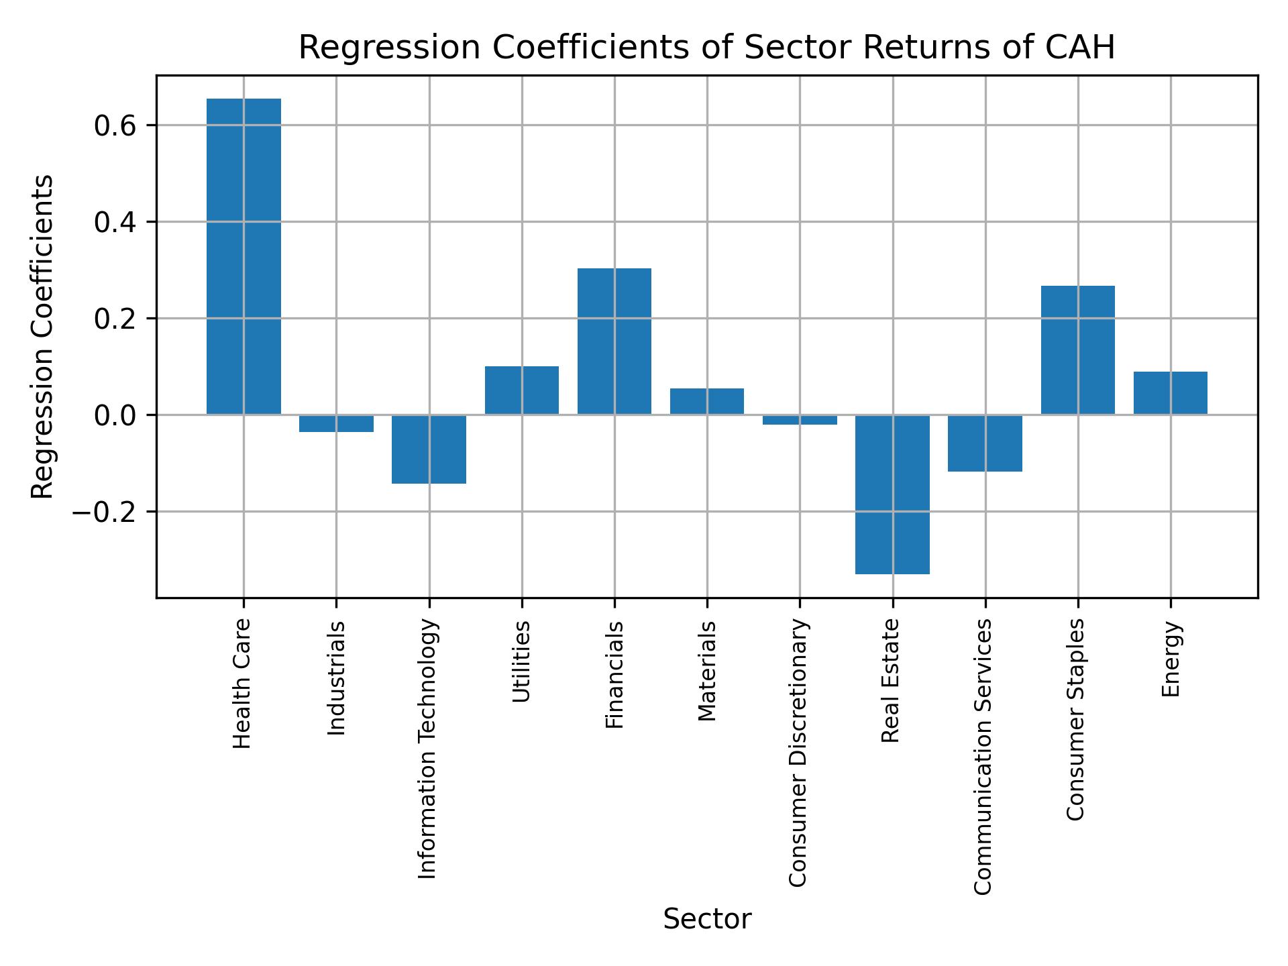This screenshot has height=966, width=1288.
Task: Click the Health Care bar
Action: tap(244, 256)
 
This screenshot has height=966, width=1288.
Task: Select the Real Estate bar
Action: tap(892, 494)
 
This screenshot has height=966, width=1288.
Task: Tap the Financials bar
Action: tap(614, 341)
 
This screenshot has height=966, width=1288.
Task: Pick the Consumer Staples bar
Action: tap(1077, 350)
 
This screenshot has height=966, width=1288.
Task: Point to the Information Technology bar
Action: tap(429, 449)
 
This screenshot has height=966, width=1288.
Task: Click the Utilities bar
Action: tap(522, 390)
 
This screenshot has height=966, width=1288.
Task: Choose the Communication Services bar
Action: tap(985, 443)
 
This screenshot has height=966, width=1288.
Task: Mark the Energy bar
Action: tap(1170, 393)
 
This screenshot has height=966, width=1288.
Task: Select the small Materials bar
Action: tap(707, 401)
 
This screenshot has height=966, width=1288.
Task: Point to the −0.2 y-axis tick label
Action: tap(109, 512)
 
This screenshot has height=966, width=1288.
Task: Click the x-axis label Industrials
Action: tap(337, 678)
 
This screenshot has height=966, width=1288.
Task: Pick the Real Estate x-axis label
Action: tap(890, 680)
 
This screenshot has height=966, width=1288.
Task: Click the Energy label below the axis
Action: tap(1171, 659)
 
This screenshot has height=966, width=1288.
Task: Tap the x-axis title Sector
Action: tap(707, 919)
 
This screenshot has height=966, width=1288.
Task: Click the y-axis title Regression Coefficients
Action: tap(43, 337)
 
